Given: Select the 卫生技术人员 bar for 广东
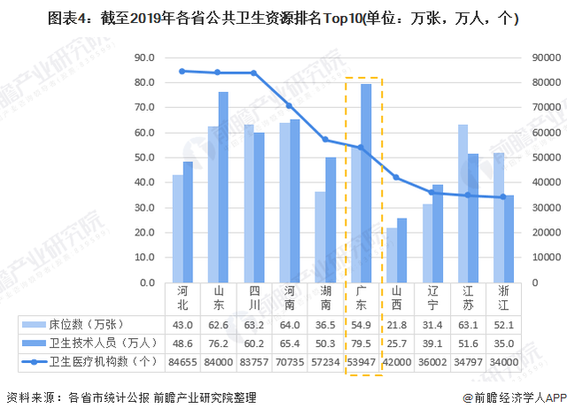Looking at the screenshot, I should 366,183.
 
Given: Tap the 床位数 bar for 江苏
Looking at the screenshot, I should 462,204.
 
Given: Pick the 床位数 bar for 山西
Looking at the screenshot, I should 392,255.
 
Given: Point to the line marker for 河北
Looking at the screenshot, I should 182,71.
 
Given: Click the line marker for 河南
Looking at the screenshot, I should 289,106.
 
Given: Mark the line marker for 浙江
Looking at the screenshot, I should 503,196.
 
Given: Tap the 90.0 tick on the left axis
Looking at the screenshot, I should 142,58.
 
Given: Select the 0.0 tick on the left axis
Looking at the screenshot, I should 145,283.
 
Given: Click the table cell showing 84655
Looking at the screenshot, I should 182,362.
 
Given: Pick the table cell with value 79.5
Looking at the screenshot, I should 361,343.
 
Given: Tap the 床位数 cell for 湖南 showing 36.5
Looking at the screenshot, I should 325,324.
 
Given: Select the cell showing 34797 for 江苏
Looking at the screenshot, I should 468,362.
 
